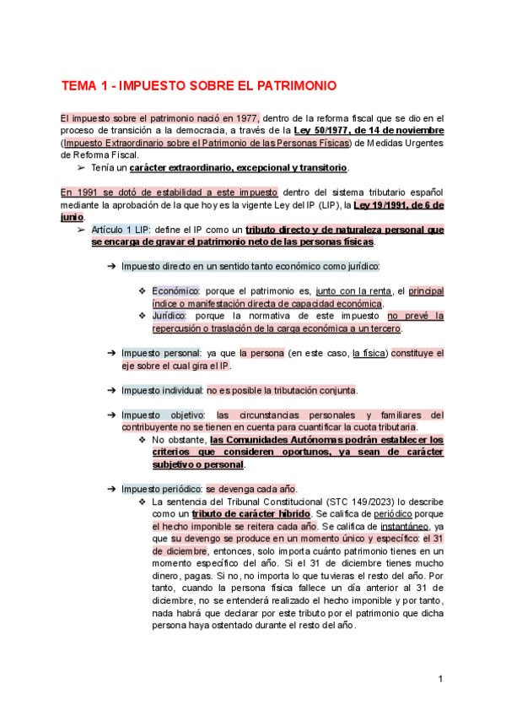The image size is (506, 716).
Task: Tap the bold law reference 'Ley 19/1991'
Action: tap(389, 204)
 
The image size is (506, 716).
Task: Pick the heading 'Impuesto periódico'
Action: tap(162, 489)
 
